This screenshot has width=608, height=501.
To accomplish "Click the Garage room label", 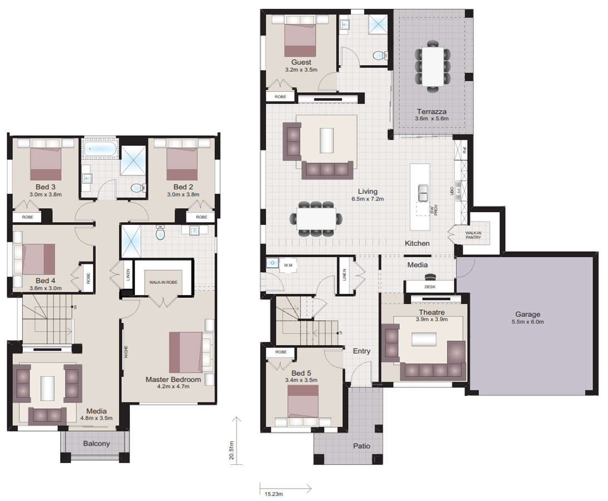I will coord(527,314).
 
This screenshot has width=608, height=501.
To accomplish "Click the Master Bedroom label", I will coord(173,380).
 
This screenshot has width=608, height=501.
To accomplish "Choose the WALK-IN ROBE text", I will coord(163,282).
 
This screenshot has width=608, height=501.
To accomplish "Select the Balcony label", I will coord(96,444).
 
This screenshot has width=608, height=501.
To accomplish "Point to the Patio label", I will coord(361,446).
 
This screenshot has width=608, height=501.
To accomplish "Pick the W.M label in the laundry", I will coord(288,265).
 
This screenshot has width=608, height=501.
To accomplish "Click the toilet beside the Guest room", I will coord(379,55).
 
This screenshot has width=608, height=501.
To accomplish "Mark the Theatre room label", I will coord(432,312).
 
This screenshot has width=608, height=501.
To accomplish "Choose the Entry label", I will coord(361,351).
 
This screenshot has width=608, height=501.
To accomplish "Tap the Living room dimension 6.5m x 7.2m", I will coord(367,199).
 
